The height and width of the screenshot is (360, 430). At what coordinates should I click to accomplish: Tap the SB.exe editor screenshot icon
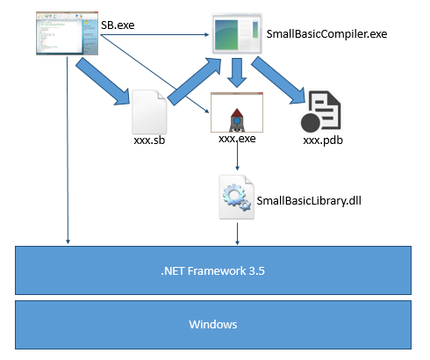(x=65, y=33)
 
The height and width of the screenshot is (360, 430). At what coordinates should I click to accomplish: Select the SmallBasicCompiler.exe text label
(x=325, y=35)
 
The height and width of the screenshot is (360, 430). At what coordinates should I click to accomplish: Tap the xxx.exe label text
(x=235, y=138)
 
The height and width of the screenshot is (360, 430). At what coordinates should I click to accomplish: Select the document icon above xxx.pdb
(x=320, y=112)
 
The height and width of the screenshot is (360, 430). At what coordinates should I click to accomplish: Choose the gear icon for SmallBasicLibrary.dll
(x=236, y=197)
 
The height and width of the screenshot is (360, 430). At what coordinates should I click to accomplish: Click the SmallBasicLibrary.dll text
(x=309, y=200)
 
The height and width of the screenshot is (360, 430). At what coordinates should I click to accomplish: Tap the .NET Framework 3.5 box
(x=213, y=270)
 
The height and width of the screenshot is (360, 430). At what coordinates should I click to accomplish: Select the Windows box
(x=213, y=324)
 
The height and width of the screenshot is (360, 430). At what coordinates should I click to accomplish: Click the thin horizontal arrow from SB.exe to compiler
(x=149, y=35)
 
